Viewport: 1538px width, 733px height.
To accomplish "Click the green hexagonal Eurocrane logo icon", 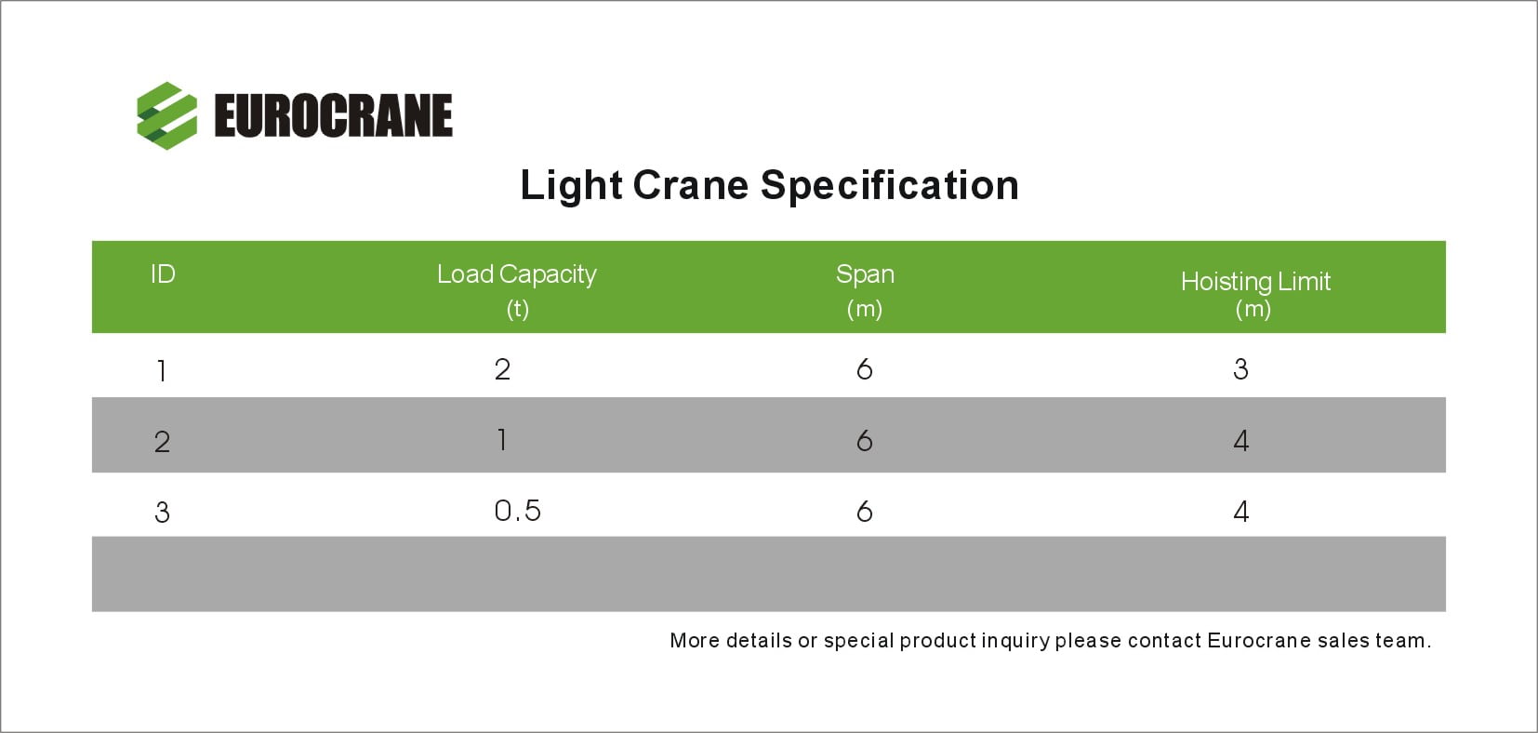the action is (166, 115).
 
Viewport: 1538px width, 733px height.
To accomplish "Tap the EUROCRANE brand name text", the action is (334, 116).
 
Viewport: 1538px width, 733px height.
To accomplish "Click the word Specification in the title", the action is (889, 186).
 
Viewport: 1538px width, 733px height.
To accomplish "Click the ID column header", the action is (163, 274).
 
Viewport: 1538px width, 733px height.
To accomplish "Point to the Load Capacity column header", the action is (517, 290).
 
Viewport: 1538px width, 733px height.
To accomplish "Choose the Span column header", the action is (865, 290).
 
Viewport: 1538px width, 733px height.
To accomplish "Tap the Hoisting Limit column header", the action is (1255, 294).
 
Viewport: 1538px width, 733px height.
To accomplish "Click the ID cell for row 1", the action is (162, 372).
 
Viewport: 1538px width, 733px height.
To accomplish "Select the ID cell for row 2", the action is (162, 442).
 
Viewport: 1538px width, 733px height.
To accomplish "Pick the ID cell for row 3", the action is (162, 513).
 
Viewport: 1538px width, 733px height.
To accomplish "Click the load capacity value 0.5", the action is (518, 511).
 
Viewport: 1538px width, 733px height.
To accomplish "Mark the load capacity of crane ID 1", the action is (503, 369).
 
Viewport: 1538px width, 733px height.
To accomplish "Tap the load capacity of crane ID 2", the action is (503, 440).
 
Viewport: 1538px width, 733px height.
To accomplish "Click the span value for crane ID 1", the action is (865, 369).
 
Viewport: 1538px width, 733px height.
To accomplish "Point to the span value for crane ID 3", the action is (865, 511).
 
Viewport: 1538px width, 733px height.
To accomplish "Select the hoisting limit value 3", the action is (1240, 369).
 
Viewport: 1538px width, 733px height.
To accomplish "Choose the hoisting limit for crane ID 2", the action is (1240, 440).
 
